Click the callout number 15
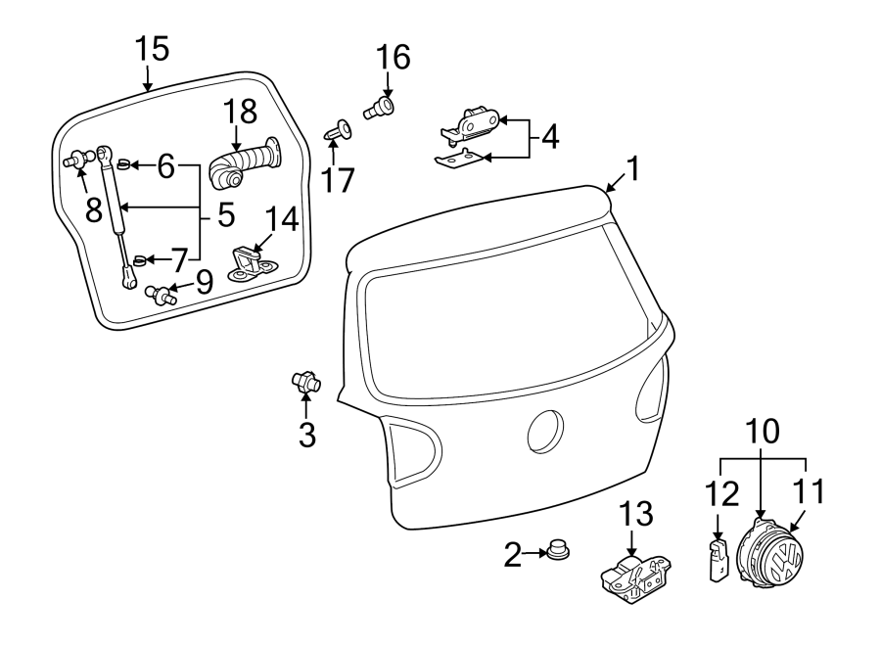pyautogui.click(x=152, y=47)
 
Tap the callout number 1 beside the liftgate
pyautogui.click(x=632, y=170)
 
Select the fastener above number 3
pyautogui.click(x=305, y=382)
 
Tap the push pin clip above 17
pyautogui.click(x=338, y=129)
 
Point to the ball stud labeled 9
pyautogui.click(x=161, y=293)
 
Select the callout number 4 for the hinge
pyautogui.click(x=549, y=136)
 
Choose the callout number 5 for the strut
pyautogui.click(x=225, y=212)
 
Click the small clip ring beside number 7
pyautogui.click(x=139, y=260)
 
